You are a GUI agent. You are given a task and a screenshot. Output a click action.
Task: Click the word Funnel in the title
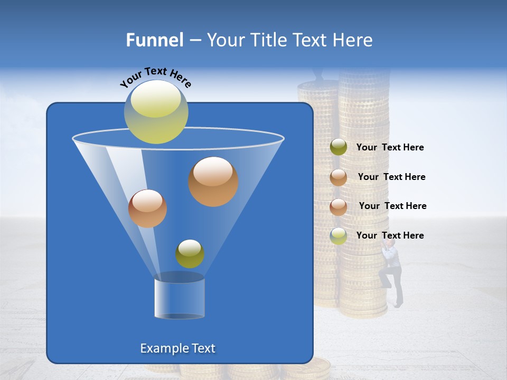(155, 40)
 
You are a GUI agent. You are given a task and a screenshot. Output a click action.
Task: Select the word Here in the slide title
(354, 40)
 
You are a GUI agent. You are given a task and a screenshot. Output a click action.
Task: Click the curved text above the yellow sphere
(155, 77)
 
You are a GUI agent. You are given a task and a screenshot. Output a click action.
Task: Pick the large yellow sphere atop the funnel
(156, 112)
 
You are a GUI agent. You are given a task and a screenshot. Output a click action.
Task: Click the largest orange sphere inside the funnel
(213, 181)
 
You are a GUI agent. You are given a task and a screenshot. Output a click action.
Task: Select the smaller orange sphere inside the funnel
(147, 208)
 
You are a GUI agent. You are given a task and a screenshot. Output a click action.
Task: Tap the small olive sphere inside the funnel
(190, 254)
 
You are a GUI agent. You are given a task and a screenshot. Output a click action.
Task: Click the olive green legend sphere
(339, 147)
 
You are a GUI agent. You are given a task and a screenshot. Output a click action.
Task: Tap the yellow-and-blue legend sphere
(339, 236)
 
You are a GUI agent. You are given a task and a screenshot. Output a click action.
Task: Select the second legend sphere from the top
(339, 177)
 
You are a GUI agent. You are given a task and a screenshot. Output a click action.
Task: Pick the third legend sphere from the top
(339, 207)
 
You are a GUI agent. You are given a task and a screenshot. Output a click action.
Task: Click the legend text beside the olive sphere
(390, 148)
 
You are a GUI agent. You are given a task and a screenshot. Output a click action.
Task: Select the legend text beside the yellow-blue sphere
(390, 235)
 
